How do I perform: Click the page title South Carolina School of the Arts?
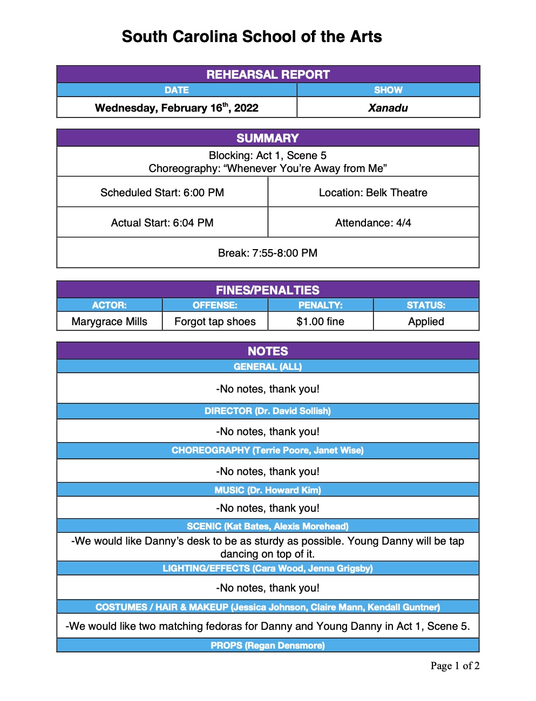(x=252, y=37)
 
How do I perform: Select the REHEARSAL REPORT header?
(x=268, y=74)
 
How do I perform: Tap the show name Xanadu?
(x=388, y=108)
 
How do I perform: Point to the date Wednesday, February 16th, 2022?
(x=177, y=108)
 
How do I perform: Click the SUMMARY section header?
(x=268, y=138)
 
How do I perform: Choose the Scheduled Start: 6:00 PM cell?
(x=162, y=193)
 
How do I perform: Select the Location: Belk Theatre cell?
(x=373, y=193)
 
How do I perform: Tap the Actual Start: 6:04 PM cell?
(x=162, y=223)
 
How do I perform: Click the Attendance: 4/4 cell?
(x=373, y=223)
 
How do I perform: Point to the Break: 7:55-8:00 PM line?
(x=268, y=253)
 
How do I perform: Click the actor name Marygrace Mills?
(x=109, y=321)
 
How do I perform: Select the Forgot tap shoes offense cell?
(x=215, y=321)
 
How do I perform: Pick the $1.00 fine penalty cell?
(x=320, y=321)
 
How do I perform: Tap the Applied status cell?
(x=426, y=321)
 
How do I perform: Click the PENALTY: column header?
(x=320, y=305)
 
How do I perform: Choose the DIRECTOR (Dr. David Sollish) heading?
(x=268, y=411)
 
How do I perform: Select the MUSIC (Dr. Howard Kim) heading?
(x=268, y=490)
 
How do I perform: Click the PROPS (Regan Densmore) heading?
(x=268, y=645)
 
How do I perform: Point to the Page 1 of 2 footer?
(x=454, y=666)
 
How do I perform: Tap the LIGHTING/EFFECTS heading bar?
(x=268, y=568)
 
